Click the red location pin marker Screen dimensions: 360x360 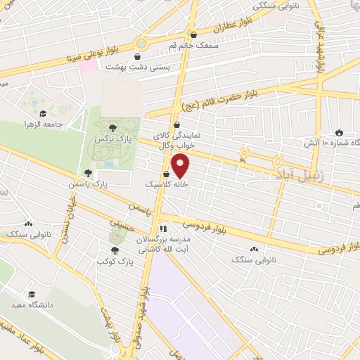tap(181, 166)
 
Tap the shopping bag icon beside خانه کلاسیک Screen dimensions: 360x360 tap(167, 174)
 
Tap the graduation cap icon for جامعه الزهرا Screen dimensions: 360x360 tap(43, 113)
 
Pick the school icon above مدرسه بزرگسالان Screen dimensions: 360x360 tap(163, 228)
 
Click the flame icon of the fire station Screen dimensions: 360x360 tap(340, 132)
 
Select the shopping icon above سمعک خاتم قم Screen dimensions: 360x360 tap(193, 34)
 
